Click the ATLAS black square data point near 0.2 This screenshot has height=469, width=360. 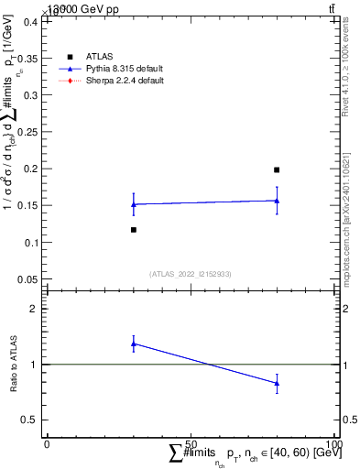tap(277, 169)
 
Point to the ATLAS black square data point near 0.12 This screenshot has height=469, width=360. tap(134, 230)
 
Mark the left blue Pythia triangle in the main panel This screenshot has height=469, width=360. tap(134, 204)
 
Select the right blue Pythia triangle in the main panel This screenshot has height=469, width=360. tap(277, 201)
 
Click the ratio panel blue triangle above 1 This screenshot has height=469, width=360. tap(134, 344)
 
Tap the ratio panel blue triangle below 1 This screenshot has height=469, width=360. tap(277, 383)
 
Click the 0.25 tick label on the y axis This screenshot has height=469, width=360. tap(30, 132)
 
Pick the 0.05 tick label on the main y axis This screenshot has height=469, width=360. tap(30, 279)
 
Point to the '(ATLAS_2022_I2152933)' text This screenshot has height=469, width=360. tap(190, 273)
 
